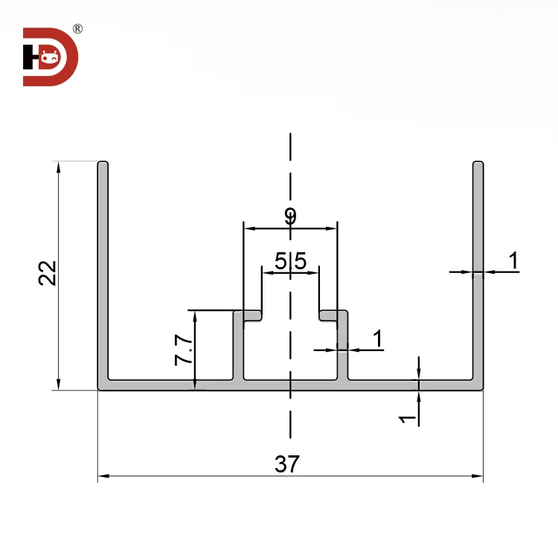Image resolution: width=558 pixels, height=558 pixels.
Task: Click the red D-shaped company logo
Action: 50,57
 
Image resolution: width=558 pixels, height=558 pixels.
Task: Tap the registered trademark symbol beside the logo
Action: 77,29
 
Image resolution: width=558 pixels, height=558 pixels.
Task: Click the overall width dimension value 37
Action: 286,464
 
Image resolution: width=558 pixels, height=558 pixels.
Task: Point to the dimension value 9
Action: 290,217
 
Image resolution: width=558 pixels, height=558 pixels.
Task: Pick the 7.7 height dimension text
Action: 183,350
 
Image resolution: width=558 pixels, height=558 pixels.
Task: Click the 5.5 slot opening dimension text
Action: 290,261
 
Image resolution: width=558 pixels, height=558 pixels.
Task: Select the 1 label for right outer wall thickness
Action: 513,261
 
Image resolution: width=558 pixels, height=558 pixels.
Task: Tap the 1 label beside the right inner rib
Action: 377,339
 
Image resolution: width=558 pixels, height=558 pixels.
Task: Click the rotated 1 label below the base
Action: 407,419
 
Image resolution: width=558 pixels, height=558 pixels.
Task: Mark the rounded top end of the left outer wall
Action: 103,164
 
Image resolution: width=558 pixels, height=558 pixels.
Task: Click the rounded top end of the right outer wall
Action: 478,164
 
